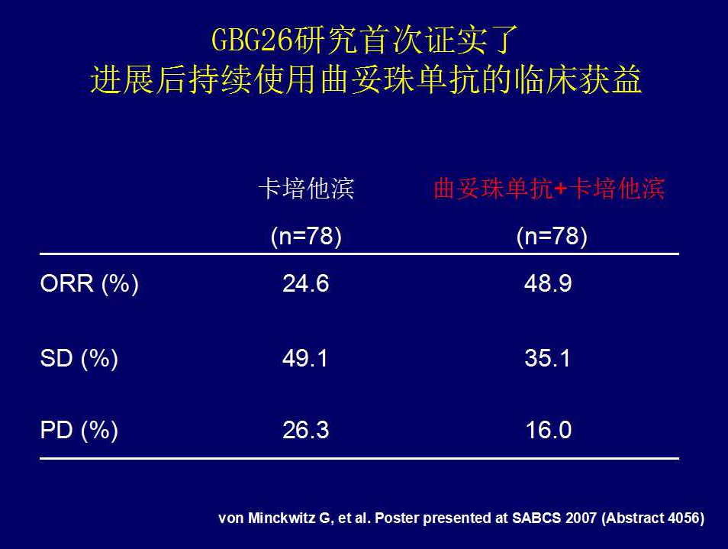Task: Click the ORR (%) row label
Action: [89, 283]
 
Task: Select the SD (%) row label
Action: [79, 358]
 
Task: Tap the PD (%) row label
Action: [79, 430]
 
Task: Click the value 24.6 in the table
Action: [305, 283]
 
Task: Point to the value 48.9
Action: [548, 283]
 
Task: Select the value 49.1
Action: [305, 358]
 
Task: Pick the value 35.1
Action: [547, 358]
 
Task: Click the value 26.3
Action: [305, 430]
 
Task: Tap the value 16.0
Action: [549, 430]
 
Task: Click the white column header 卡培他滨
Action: [307, 189]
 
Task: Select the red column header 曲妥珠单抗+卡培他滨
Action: [549, 189]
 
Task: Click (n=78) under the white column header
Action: [306, 236]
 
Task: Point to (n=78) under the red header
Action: [552, 236]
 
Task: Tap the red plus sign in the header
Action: [560, 189]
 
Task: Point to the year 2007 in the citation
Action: [581, 518]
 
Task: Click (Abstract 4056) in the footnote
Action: [652, 518]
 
